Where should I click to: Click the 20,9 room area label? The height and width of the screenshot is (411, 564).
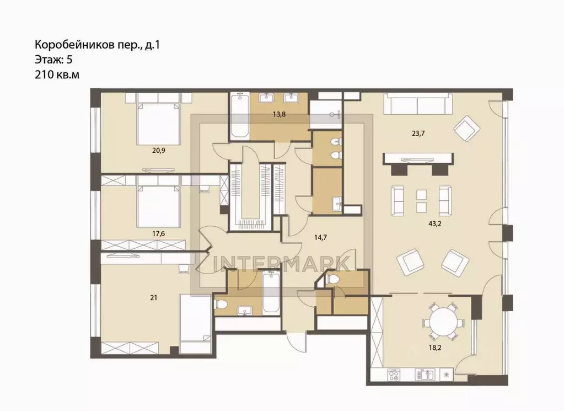(x=159, y=151)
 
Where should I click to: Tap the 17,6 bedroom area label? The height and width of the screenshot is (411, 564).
(x=159, y=233)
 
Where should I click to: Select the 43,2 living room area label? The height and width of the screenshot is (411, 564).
(x=435, y=223)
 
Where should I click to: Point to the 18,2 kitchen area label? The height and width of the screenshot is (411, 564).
(x=435, y=348)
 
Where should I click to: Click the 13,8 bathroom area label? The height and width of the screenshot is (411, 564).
(x=279, y=115)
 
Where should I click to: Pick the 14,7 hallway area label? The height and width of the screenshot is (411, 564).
(x=320, y=237)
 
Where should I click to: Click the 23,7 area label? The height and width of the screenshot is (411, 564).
(x=418, y=134)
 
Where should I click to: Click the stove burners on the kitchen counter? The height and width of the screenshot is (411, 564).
(x=393, y=375)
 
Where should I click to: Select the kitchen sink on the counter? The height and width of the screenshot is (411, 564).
(x=425, y=375)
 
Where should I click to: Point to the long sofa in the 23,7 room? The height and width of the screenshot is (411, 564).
(x=418, y=104)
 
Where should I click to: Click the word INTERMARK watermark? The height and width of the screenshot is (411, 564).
(x=282, y=264)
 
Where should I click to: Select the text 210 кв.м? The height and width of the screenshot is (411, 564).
(x=57, y=75)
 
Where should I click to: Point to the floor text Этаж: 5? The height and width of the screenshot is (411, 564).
(x=53, y=60)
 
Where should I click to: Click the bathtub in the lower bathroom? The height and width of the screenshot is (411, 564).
(x=271, y=293)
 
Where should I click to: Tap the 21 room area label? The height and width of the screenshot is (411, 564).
(x=154, y=298)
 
